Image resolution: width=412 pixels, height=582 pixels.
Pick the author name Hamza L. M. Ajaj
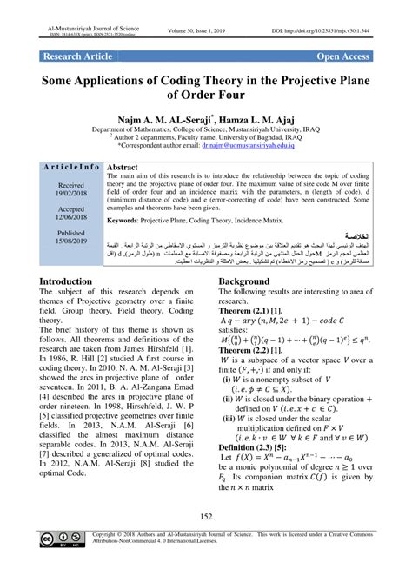click(x=267, y=117)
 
